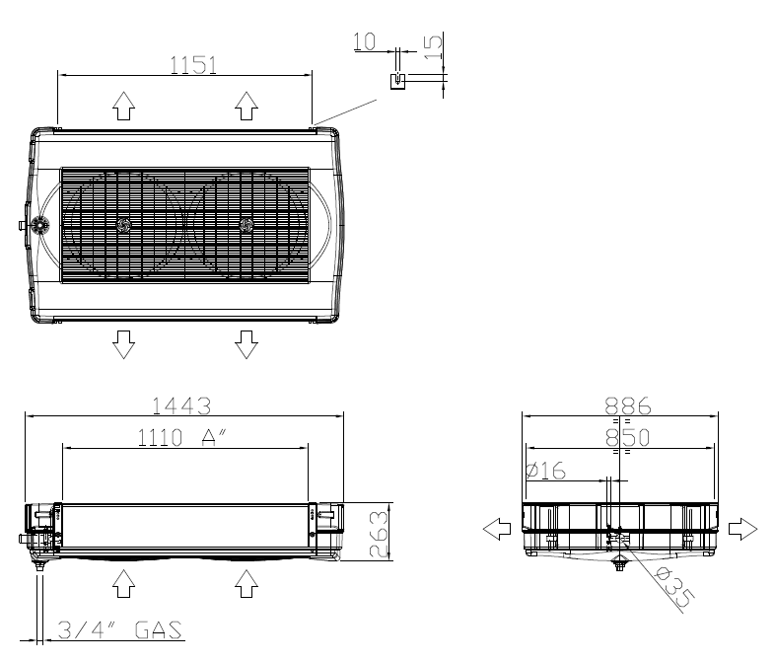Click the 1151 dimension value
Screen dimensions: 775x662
[x=193, y=65]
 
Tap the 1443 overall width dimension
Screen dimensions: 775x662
[x=181, y=405]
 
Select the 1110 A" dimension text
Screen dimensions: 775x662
[x=180, y=437]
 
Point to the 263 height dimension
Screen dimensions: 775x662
[x=379, y=534]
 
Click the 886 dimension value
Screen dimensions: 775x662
[x=628, y=405]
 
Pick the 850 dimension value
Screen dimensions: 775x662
[x=628, y=437]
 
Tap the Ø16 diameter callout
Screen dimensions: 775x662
[x=545, y=471]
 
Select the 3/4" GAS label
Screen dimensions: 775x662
[x=120, y=629]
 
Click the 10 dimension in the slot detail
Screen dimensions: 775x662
[x=365, y=41]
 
